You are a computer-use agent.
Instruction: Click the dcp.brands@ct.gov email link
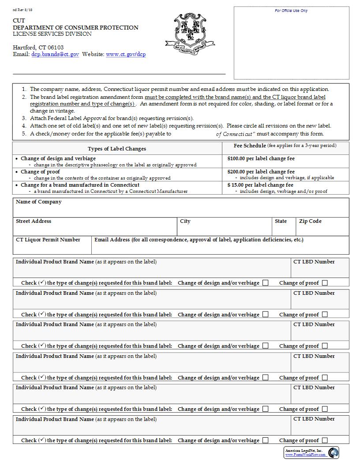pos(55,54)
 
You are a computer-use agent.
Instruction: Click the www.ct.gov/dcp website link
pos(126,54)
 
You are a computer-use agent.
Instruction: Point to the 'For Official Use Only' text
pos(291,11)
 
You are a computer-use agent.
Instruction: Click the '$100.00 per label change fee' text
pos(261,158)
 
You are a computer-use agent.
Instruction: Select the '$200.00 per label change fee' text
pos(261,172)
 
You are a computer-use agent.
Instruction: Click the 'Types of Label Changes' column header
pos(117,149)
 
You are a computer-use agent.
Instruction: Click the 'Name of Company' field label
pos(39,202)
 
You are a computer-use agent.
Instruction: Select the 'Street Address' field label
pos(34,221)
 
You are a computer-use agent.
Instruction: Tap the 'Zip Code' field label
pos(310,221)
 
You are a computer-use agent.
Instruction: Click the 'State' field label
pos(281,221)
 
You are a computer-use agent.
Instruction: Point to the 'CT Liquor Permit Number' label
pos(48,240)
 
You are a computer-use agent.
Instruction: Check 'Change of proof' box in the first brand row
pos(325,283)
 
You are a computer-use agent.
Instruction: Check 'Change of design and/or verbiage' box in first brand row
pos(265,283)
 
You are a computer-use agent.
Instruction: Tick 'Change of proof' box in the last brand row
pos(325,440)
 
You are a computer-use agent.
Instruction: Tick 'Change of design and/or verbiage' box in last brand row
pos(265,440)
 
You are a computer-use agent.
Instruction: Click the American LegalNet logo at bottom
pos(311,452)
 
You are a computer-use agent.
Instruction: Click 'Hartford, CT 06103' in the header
pos(38,47)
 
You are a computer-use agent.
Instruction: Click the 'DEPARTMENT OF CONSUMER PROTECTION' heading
pos(75,27)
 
